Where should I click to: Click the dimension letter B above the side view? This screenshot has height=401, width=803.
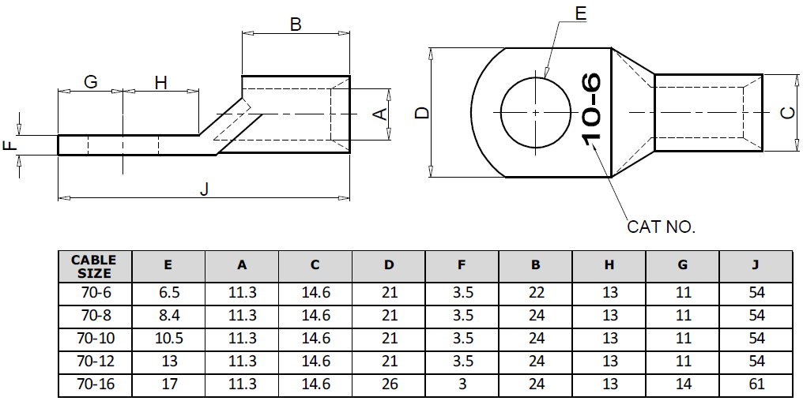pyautogui.click(x=296, y=24)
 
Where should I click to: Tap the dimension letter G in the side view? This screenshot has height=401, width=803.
pyautogui.click(x=90, y=83)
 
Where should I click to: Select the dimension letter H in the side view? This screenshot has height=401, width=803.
pyautogui.click(x=160, y=83)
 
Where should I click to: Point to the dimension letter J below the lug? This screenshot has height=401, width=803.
pyautogui.click(x=205, y=189)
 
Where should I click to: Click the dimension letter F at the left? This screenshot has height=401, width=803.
pyautogui.click(x=9, y=146)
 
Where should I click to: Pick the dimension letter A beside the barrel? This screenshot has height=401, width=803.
pyautogui.click(x=379, y=114)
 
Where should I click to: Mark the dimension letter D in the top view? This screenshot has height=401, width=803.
pyautogui.click(x=423, y=113)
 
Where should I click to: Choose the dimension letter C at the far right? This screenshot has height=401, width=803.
pyautogui.click(x=787, y=113)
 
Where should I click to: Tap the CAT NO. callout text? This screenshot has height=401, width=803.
pyautogui.click(x=661, y=227)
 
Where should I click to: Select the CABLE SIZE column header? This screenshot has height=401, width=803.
pyautogui.click(x=94, y=267)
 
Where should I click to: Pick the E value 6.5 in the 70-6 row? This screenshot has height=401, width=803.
pyautogui.click(x=168, y=293)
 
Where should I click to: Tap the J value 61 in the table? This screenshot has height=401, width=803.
pyautogui.click(x=756, y=385)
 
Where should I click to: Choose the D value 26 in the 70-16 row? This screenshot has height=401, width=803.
pyautogui.click(x=389, y=385)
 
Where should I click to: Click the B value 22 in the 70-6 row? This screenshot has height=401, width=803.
pyautogui.click(x=536, y=293)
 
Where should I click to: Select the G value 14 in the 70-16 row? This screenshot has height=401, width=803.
pyautogui.click(x=683, y=385)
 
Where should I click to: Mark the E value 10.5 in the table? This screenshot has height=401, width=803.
pyautogui.click(x=168, y=339)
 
